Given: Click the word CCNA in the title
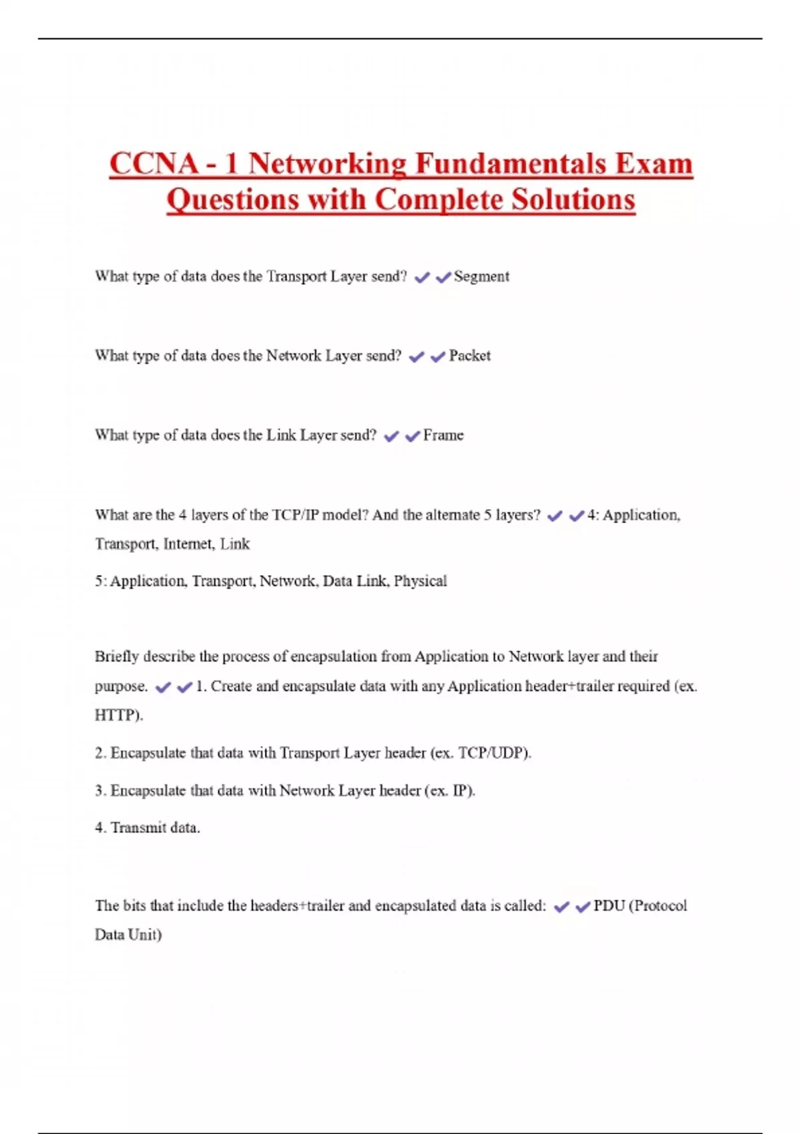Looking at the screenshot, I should click(154, 164).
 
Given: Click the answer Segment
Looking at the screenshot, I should click(481, 276).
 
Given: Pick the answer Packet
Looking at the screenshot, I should click(469, 356).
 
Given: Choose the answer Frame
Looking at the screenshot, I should click(443, 435).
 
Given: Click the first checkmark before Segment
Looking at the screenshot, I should click(422, 277).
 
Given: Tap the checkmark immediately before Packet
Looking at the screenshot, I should click(438, 357).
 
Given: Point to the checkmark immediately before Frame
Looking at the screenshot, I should click(413, 436).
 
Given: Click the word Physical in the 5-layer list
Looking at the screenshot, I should click(420, 581).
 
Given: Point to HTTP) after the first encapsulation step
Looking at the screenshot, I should click(119, 715).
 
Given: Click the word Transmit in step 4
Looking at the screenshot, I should click(138, 828).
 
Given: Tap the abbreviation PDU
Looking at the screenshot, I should click(609, 906).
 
